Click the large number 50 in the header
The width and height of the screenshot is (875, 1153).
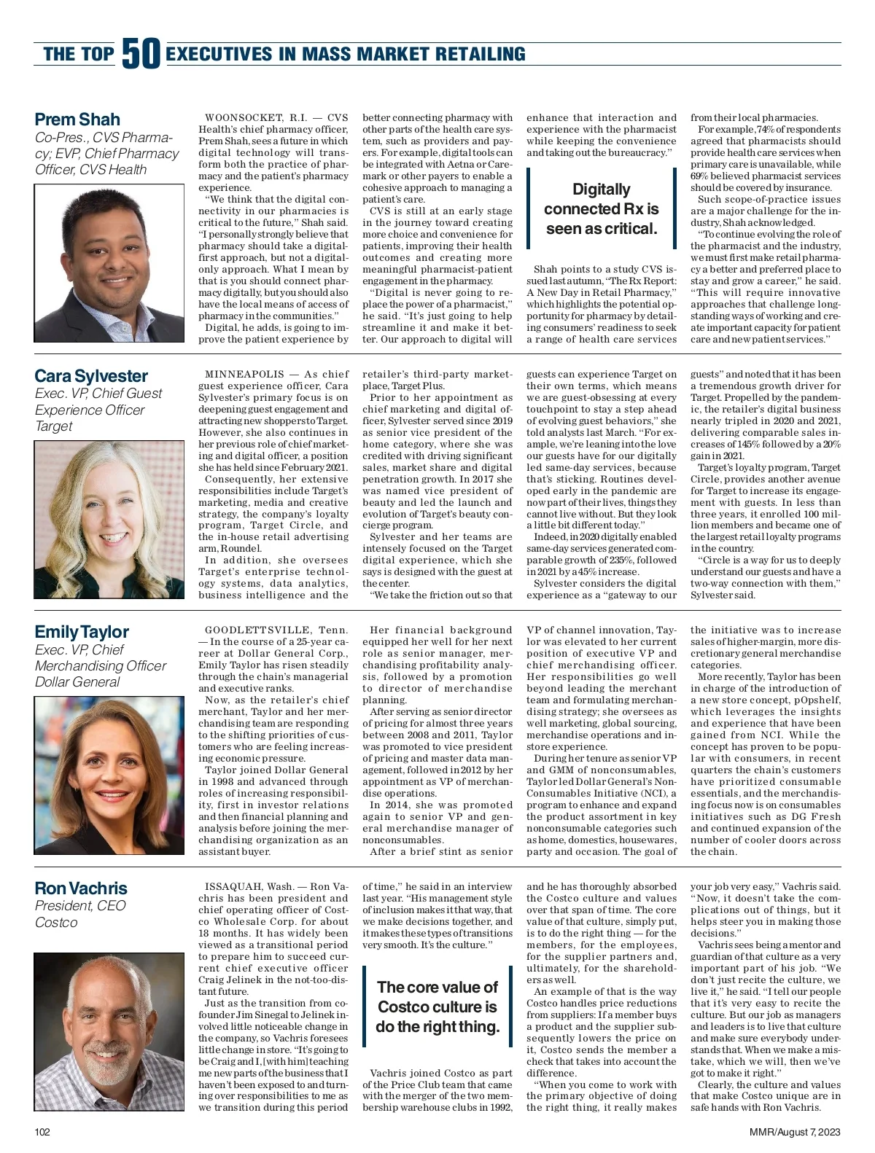click(141, 53)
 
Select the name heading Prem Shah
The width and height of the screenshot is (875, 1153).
click(77, 120)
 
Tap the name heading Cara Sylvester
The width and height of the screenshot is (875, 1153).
click(91, 376)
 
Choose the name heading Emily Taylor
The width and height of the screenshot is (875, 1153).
click(82, 632)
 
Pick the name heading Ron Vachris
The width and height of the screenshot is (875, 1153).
click(81, 888)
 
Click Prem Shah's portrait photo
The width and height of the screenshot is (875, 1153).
click(109, 263)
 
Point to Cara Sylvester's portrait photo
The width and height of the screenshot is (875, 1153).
click(109, 520)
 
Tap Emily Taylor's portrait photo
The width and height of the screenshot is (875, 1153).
click(109, 775)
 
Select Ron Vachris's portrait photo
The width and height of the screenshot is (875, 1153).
click(109, 1031)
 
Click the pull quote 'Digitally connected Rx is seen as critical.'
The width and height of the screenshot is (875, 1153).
click(602, 209)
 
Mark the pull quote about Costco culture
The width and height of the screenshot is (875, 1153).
click(437, 1007)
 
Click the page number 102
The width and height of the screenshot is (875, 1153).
click(42, 1132)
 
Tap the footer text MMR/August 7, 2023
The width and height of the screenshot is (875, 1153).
click(795, 1132)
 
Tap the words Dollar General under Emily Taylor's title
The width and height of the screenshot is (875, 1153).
click(77, 682)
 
